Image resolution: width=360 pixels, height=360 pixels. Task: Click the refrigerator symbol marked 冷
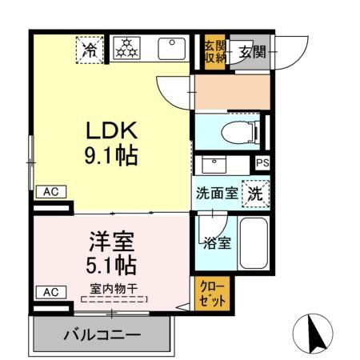tap(91, 50)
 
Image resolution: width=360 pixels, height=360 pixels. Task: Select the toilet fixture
tap(232, 131)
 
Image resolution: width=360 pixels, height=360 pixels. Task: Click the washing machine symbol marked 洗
tap(254, 193)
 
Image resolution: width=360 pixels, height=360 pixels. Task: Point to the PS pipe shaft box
tap(262, 163)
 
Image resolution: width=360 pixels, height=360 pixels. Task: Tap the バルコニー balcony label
tap(102, 334)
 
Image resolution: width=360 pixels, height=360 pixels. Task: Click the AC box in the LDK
tap(50, 191)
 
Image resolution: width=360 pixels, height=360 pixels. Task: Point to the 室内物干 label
tap(114, 289)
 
